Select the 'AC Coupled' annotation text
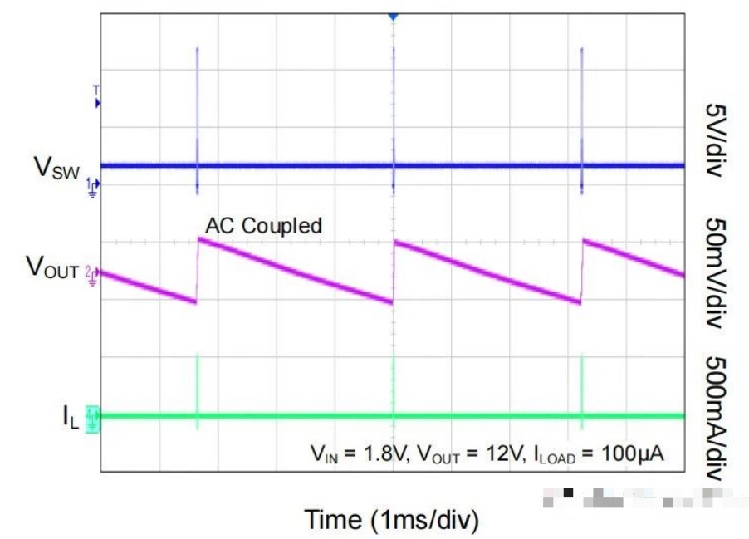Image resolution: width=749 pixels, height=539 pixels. click(x=263, y=225)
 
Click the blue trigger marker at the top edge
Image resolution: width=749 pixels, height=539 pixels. click(x=393, y=17)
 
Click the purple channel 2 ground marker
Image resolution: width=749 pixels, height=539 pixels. click(x=93, y=272)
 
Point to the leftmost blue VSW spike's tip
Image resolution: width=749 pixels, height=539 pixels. click(x=197, y=47)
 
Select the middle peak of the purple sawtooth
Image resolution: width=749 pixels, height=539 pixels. click(x=394, y=242)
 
